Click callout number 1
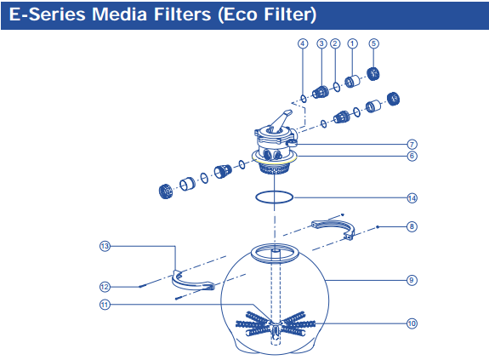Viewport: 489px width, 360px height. tap(354, 43)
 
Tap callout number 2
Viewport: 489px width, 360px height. tap(336, 43)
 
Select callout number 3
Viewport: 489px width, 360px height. tap(321, 43)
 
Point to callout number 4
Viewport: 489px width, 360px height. tap(303, 43)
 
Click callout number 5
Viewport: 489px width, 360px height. tap(373, 43)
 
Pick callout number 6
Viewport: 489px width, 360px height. tap(412, 156)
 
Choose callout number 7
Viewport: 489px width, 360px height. tap(412, 144)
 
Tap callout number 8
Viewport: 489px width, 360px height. tap(412, 226)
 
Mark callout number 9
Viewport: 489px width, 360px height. tap(412, 279)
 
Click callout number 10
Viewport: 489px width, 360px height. tap(412, 323)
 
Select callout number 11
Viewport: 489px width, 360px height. tap(105, 304)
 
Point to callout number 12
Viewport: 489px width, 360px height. tap(105, 286)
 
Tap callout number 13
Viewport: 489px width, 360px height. tap(105, 246)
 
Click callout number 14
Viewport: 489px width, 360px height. tap(412, 198)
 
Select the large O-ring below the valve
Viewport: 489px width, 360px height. tap(275, 197)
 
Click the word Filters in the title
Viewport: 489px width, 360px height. tap(189, 15)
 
